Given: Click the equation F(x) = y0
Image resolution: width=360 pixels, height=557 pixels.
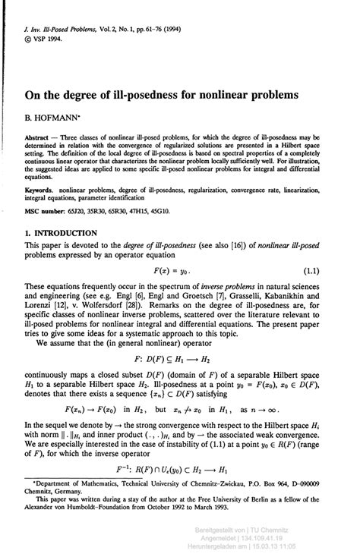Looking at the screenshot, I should coord(178,270).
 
